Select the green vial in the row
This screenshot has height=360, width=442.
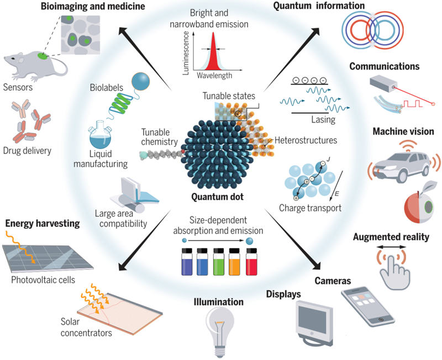pyautogui.click(x=219, y=261)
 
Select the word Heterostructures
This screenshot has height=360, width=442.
pyautogui.click(x=306, y=141)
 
